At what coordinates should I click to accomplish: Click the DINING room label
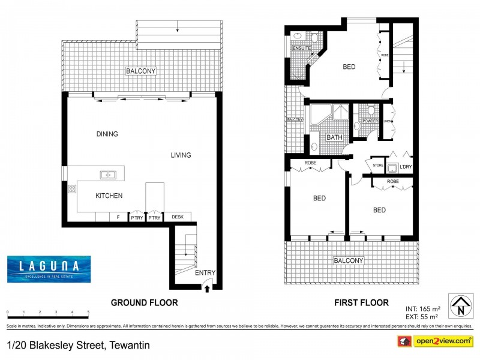(107, 134)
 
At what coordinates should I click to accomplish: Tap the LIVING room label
(181, 155)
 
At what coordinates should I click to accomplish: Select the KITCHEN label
(109, 196)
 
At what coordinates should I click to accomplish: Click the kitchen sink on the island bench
(109, 175)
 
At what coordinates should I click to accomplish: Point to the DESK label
(178, 217)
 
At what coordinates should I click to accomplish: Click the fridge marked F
(118, 217)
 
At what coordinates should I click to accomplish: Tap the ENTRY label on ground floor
(205, 273)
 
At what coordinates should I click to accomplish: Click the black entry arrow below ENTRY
(208, 288)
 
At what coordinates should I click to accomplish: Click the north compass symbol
(460, 305)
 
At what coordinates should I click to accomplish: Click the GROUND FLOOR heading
(144, 302)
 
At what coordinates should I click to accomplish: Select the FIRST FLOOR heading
(361, 302)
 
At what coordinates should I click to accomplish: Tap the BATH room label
(334, 137)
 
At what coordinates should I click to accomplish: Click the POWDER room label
(370, 121)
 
